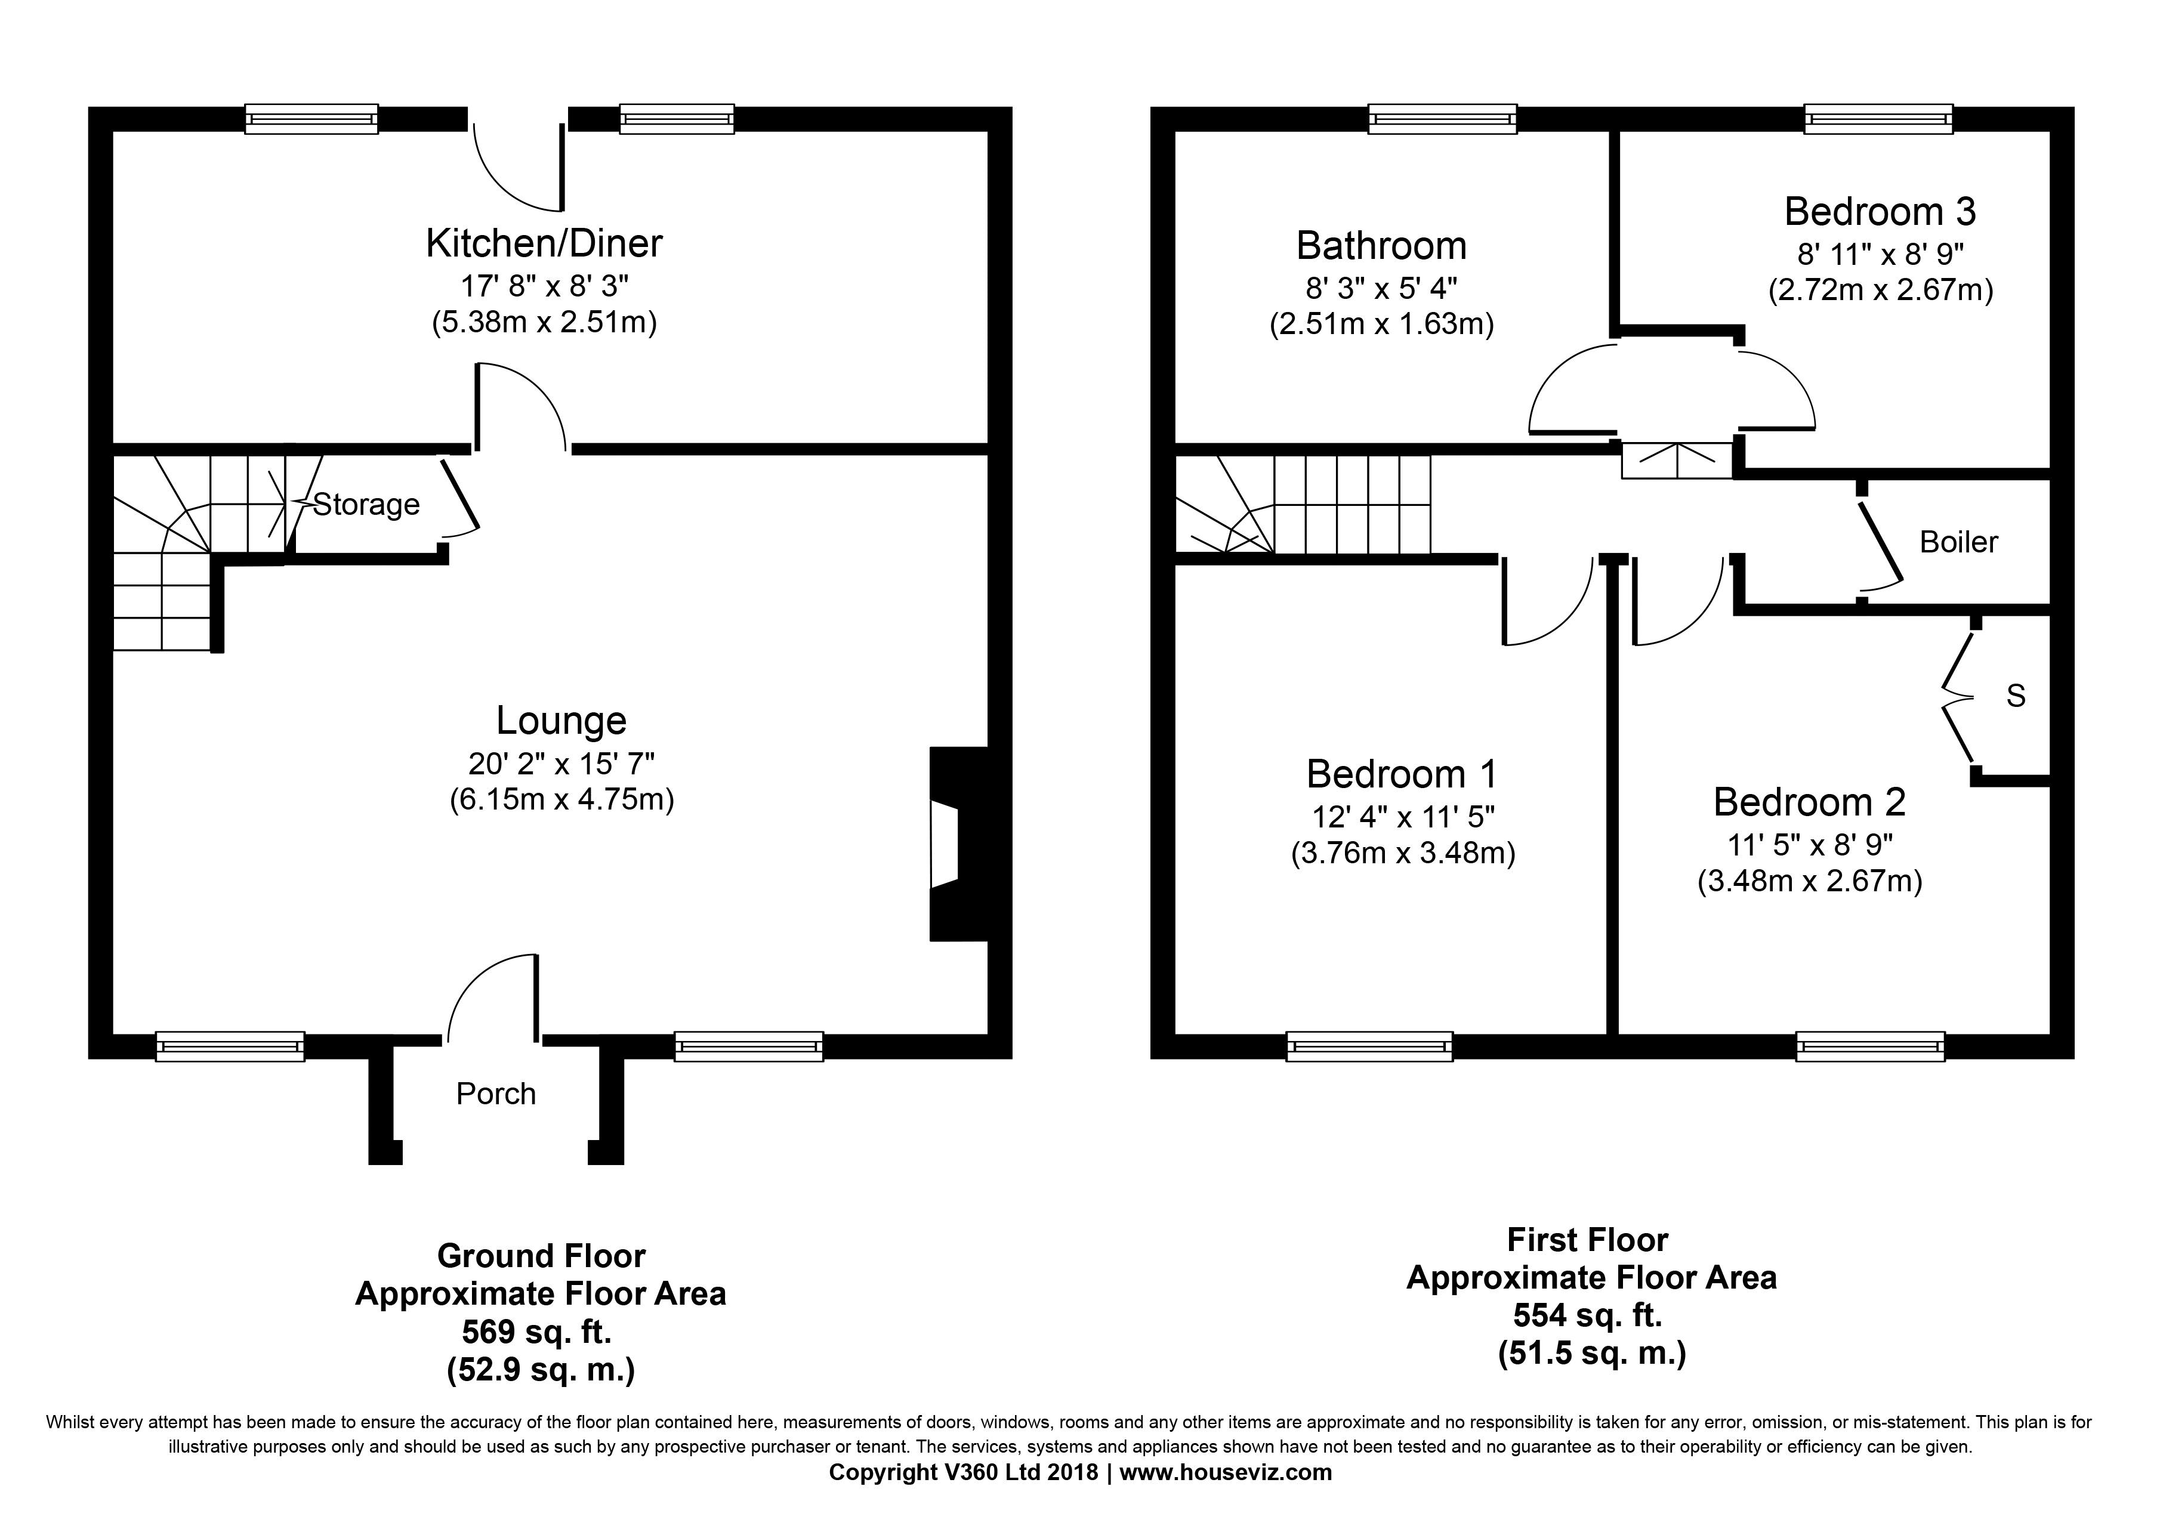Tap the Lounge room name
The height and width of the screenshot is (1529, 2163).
(x=561, y=721)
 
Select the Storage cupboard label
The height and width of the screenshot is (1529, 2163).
(x=366, y=505)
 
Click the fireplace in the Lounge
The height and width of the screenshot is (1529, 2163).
(x=958, y=844)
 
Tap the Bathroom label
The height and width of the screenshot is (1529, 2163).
(x=1381, y=246)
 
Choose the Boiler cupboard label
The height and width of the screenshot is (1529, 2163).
(x=1958, y=542)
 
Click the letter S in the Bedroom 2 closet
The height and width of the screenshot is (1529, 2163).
(x=2015, y=695)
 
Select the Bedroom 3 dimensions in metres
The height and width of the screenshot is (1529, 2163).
(x=1880, y=290)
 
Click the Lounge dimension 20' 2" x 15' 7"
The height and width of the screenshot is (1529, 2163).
(x=561, y=762)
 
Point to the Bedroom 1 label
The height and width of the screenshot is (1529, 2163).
(x=1402, y=774)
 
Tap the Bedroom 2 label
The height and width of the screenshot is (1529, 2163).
(x=1809, y=802)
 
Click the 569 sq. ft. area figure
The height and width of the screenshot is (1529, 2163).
(x=537, y=1332)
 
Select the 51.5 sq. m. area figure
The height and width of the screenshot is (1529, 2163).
(x=1592, y=1354)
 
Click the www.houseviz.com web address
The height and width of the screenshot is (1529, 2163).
(x=1226, y=1472)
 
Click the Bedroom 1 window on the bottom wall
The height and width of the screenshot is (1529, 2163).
(x=1370, y=1046)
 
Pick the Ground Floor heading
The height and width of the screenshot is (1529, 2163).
(x=542, y=1256)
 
